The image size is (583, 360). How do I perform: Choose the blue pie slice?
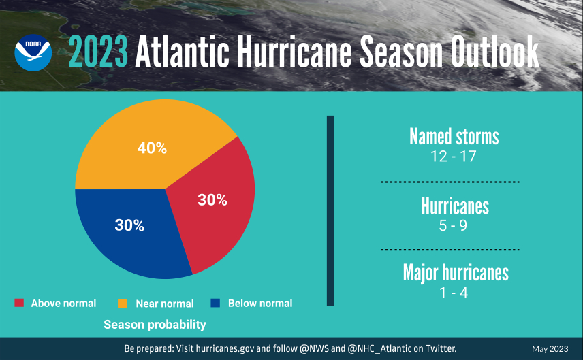129,228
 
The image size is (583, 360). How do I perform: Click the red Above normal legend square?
19,303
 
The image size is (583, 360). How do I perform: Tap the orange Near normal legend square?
123,303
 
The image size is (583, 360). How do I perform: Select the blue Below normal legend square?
215,303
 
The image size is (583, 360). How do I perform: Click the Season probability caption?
155,325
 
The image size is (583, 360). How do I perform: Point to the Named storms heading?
454,137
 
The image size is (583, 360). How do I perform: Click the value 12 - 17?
453,157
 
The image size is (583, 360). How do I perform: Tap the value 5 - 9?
453,225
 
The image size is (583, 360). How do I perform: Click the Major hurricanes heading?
456,273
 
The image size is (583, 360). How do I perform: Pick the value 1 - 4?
453,293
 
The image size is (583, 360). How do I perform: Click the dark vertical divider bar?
331,211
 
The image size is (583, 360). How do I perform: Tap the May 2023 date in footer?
550,349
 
